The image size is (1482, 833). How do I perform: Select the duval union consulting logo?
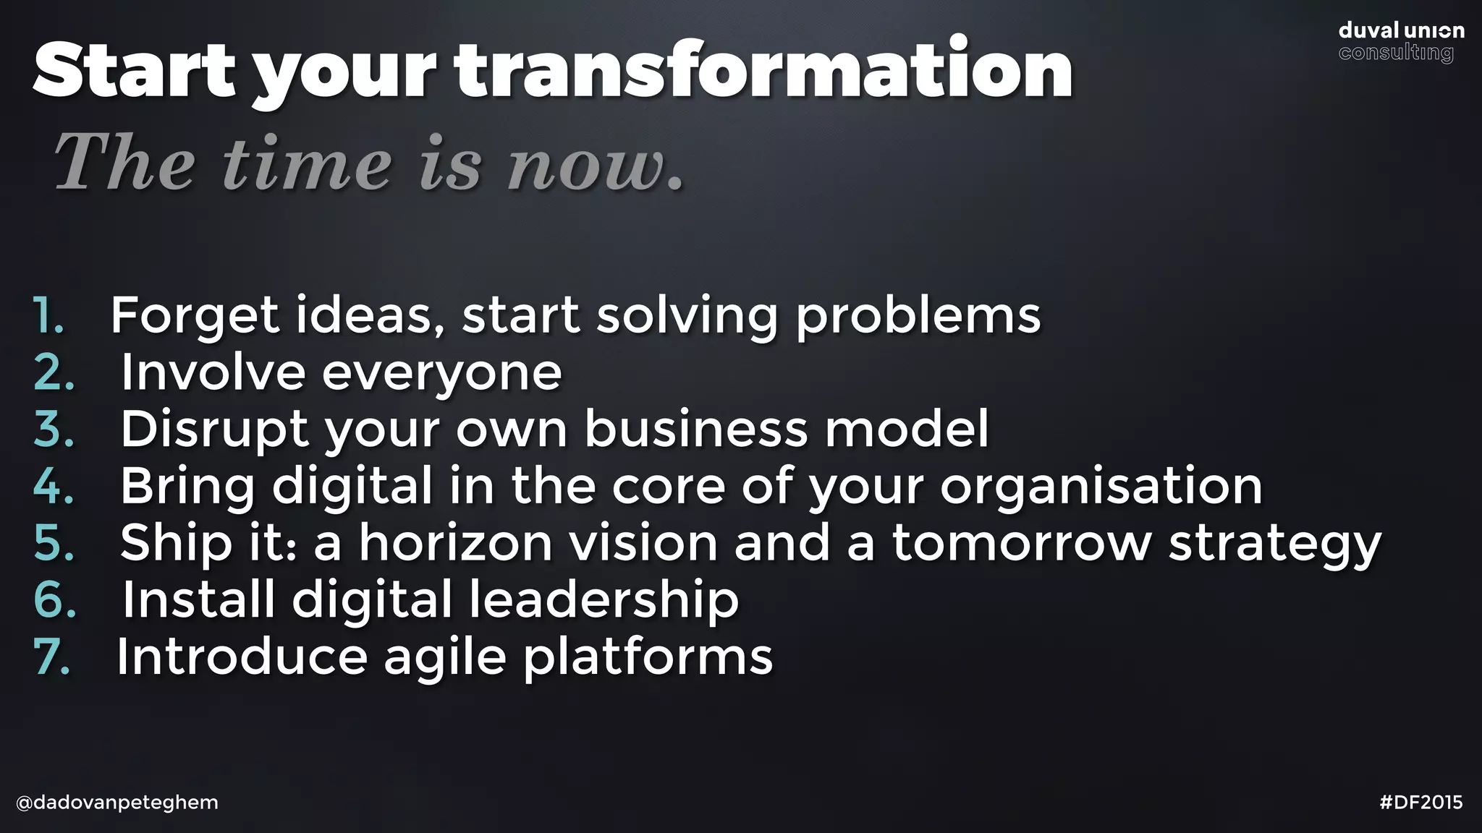pos(1401,41)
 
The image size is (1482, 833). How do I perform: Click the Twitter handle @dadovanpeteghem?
pos(117,803)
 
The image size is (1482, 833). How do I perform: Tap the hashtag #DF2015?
pos(1421,803)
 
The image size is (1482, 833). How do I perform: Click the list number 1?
pos(49,315)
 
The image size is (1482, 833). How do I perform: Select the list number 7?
pos(53,657)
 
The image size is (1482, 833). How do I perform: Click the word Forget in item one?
pos(195,315)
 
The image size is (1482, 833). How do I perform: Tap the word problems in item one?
pos(918,315)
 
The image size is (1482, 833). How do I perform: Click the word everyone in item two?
pos(441,373)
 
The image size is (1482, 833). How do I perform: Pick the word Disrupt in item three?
pos(214,429)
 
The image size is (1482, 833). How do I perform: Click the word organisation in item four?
pos(1101,485)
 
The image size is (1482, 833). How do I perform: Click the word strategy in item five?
pos(1274,544)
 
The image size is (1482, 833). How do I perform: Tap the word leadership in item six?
pos(604,599)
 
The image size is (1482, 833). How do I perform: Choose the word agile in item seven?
pos(444,657)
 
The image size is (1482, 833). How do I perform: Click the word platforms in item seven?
pos(648,657)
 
